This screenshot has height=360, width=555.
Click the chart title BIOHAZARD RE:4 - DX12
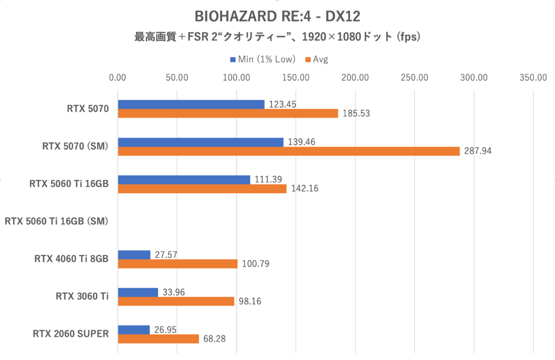277,17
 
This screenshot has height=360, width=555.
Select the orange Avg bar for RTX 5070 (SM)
289,151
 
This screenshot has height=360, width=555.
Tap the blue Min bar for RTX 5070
191,104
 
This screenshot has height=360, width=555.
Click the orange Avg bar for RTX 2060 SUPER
158,339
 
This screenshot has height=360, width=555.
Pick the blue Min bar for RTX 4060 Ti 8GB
134,255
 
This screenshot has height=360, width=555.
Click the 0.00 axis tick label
118,78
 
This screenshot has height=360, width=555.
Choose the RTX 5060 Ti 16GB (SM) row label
56,221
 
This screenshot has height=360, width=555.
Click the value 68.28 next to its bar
214,339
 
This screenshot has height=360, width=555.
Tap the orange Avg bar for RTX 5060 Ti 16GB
202,189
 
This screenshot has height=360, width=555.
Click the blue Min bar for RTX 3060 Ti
138,292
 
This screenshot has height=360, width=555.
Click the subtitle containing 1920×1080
277,37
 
